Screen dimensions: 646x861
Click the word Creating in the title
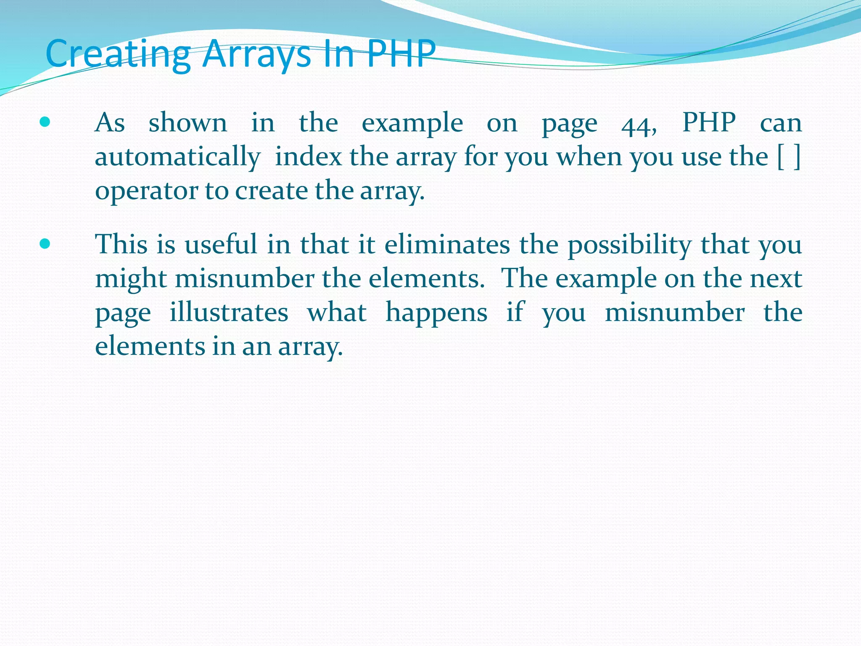coord(118,54)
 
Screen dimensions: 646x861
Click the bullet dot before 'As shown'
coord(45,122)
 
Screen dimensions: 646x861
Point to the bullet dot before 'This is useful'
coord(45,244)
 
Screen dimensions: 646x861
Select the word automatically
coord(177,157)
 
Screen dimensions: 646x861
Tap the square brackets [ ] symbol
coord(789,157)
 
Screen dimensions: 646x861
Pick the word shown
coord(188,123)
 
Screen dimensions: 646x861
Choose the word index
coord(308,157)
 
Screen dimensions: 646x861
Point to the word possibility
coord(629,245)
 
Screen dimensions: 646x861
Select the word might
coord(131,279)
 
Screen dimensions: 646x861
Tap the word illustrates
coord(229,312)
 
